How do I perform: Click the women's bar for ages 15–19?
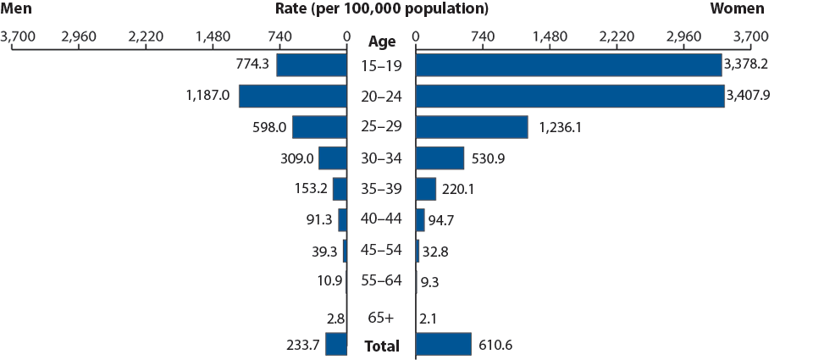[568, 65]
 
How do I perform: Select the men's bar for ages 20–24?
[293, 96]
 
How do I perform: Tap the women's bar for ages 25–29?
[472, 127]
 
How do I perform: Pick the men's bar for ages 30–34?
[333, 158]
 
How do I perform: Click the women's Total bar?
[443, 344]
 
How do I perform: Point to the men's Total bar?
[336, 344]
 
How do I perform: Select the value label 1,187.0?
[208, 96]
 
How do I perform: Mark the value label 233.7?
[301, 344]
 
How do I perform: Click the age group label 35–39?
[381, 190]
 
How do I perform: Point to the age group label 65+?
[381, 318]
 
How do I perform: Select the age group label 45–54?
[381, 252]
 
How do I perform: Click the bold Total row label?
[381, 346]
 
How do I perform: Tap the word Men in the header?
[18, 9]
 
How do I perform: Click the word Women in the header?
[737, 9]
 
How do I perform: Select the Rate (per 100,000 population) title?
[382, 9]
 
